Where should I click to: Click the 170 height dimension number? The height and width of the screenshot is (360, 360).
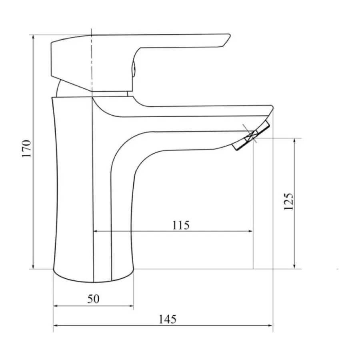(26, 148)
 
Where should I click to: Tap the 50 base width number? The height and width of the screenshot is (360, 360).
(93, 299)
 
